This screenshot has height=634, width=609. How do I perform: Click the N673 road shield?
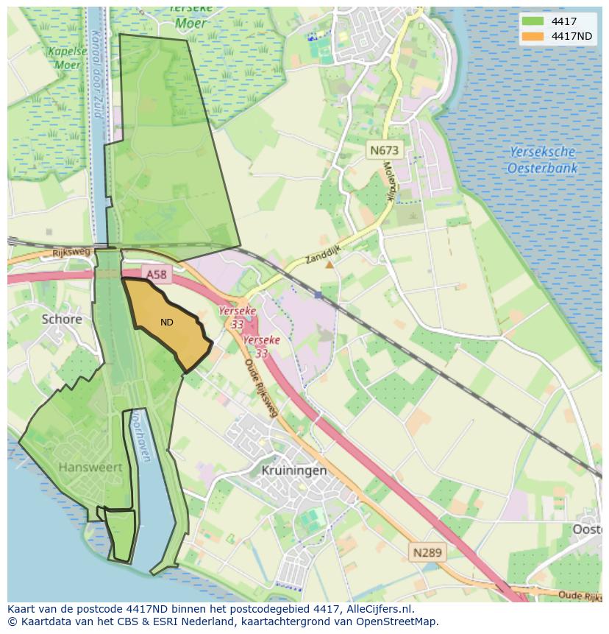[x=384, y=150]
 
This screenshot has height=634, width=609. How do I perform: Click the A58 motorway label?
[x=155, y=274]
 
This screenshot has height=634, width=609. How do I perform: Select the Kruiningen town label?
[x=293, y=470]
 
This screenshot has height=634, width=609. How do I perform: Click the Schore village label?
[x=62, y=319]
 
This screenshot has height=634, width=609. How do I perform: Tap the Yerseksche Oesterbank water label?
[x=542, y=160]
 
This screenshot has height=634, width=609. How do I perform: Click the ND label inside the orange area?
[x=167, y=323]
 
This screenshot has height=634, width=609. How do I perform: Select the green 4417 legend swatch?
[x=533, y=21]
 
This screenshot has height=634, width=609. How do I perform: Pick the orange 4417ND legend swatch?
[x=533, y=36]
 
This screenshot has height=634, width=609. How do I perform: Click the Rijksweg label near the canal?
[x=71, y=253]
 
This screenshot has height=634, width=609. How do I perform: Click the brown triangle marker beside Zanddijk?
[x=330, y=264]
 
